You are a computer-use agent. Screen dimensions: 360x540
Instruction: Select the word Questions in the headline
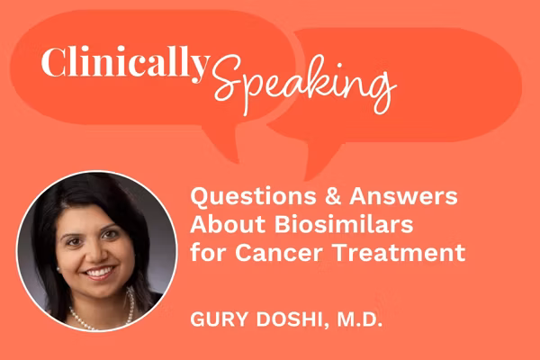(x=248, y=196)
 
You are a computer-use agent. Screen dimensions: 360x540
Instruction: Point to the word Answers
(x=396, y=196)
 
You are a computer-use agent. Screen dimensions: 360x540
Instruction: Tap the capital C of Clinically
(x=52, y=62)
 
